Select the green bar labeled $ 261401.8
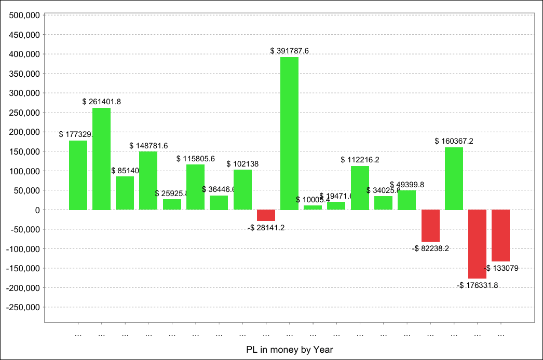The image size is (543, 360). point(101,159)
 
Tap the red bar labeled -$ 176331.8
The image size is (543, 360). point(477,244)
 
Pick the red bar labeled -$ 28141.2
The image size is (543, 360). point(266,215)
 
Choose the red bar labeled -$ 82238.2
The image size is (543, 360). point(430,226)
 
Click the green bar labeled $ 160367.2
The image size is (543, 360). point(454,178)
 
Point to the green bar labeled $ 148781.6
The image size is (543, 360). point(148,181)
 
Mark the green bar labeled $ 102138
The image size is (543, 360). point(242,190)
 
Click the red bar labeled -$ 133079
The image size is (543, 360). point(500,236)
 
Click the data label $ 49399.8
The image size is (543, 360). point(406,185)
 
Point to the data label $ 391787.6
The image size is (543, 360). point(289,51)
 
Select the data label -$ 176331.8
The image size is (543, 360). point(477,285)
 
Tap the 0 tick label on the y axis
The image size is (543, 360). point(38,210)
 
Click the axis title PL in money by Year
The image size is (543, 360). point(290,350)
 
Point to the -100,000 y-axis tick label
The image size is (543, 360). point(24,249)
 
